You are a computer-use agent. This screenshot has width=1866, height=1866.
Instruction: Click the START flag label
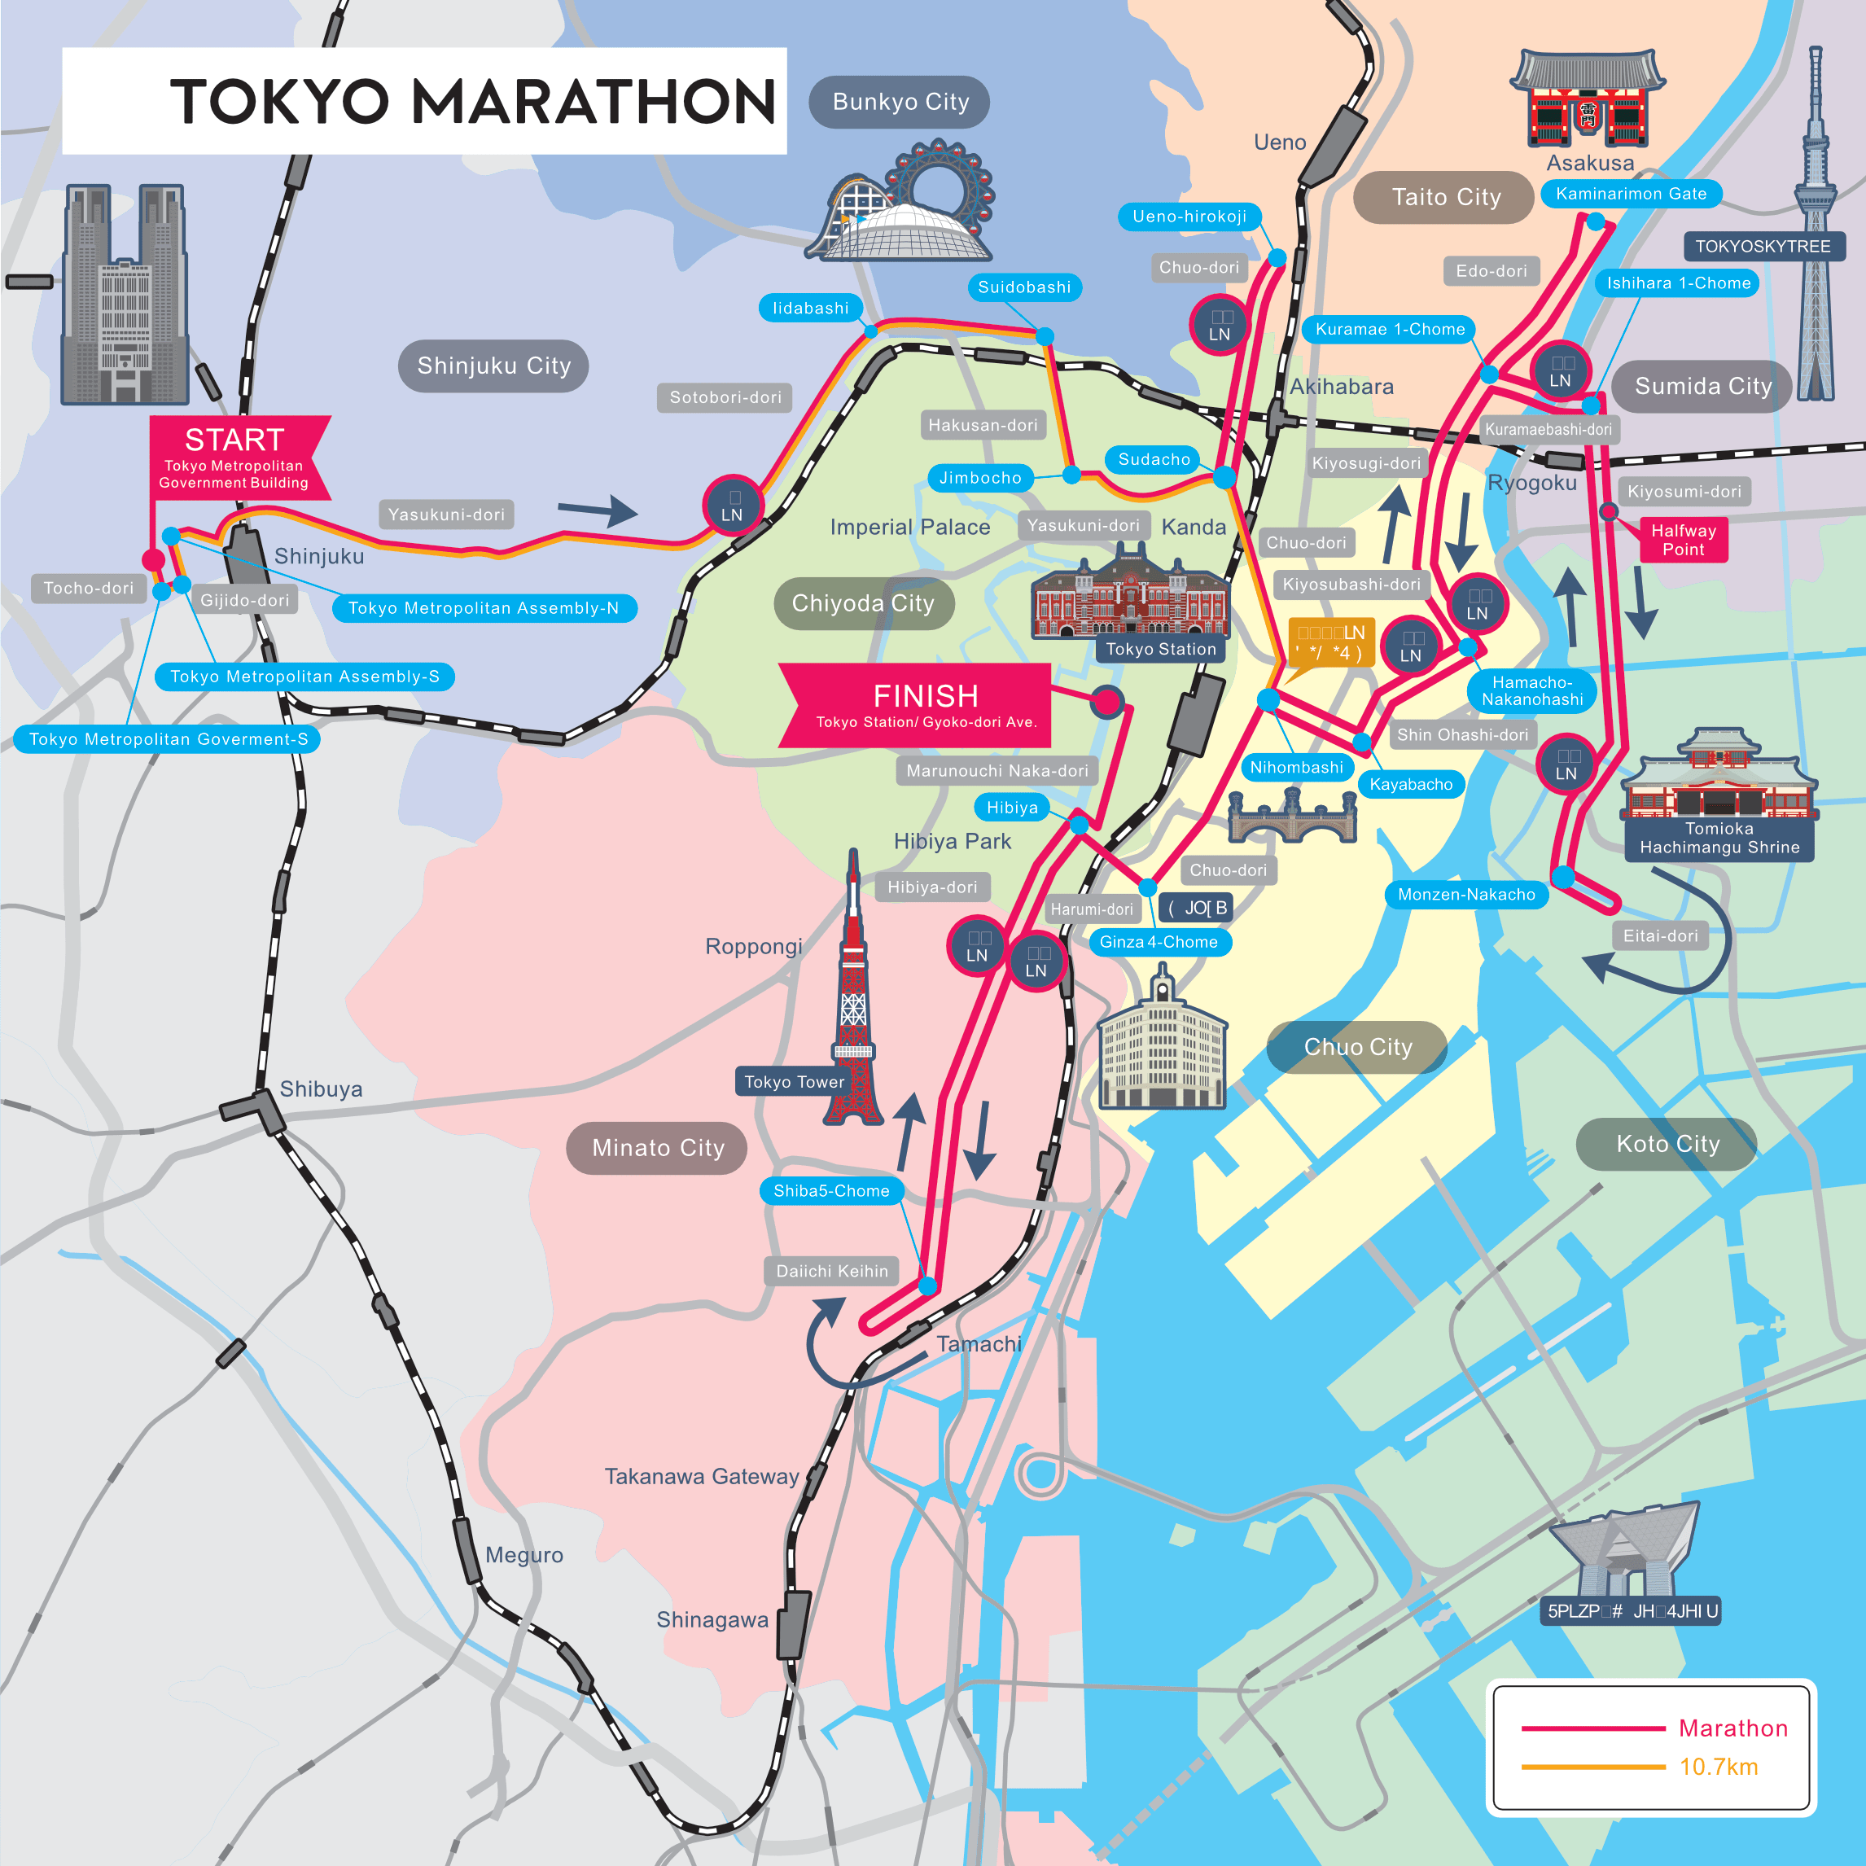pyautogui.click(x=234, y=457)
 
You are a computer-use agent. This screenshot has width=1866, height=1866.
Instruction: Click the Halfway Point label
pyautogui.click(x=1683, y=540)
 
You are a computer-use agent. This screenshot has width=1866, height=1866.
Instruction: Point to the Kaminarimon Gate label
pyautogui.click(x=1631, y=194)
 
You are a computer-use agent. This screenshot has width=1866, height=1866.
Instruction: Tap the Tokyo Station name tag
pyautogui.click(x=1160, y=649)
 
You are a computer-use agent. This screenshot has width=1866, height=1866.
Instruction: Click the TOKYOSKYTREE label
pyautogui.click(x=1763, y=247)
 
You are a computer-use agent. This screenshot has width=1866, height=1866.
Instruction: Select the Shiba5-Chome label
pyautogui.click(x=830, y=1191)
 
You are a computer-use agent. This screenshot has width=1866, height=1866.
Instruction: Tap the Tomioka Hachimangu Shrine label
pyautogui.click(x=1719, y=839)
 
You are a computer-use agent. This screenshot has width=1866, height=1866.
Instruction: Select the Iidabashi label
pyautogui.click(x=810, y=308)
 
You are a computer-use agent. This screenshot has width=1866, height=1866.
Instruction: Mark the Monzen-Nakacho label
pyautogui.click(x=1466, y=895)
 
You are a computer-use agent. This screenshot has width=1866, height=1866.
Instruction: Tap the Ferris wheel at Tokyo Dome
pyautogui.click(x=939, y=183)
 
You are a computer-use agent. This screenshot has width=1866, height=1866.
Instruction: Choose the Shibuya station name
pyautogui.click(x=321, y=1089)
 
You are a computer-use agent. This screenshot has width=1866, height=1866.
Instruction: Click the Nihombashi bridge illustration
pyautogui.click(x=1292, y=816)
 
